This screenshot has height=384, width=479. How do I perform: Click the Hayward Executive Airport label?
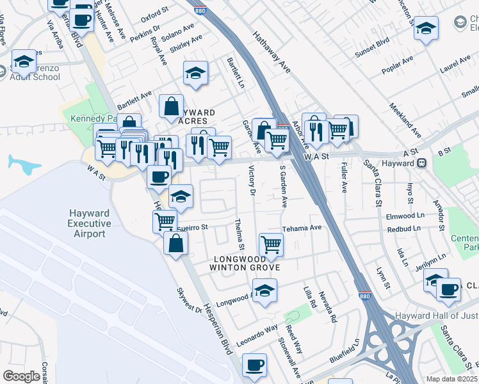coord(90,223)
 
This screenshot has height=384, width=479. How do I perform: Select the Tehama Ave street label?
coord(302,228)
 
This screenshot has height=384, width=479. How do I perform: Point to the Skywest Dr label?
coord(190,305)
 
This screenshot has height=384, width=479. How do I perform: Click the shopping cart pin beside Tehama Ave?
coord(271,244)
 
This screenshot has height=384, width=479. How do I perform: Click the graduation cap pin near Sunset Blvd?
coord(426,28)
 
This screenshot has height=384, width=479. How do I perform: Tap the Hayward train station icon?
coord(422,163)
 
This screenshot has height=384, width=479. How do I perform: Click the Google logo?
coord(21,376)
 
